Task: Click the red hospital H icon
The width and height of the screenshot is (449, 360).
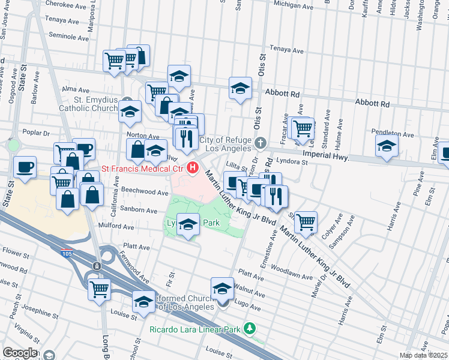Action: pyautogui.click(x=193, y=169)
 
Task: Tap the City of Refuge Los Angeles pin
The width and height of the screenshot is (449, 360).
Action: pyautogui.click(x=260, y=143)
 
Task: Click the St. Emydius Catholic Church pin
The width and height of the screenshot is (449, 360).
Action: pyautogui.click(x=126, y=100)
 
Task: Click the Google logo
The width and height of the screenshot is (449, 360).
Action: pyautogui.click(x=20, y=353)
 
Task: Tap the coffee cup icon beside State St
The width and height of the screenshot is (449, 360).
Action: pyautogui.click(x=25, y=167)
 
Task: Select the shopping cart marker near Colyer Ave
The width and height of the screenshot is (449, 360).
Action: pyautogui.click(x=306, y=221)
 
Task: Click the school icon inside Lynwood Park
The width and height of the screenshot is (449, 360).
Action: pyautogui.click(x=188, y=225)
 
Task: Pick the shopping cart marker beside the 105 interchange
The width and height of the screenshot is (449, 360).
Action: pyautogui.click(x=99, y=288)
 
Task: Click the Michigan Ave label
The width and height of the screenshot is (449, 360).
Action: pyautogui.click(x=293, y=5)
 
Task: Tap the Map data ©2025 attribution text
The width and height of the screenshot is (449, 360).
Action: pyautogui.click(x=423, y=355)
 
